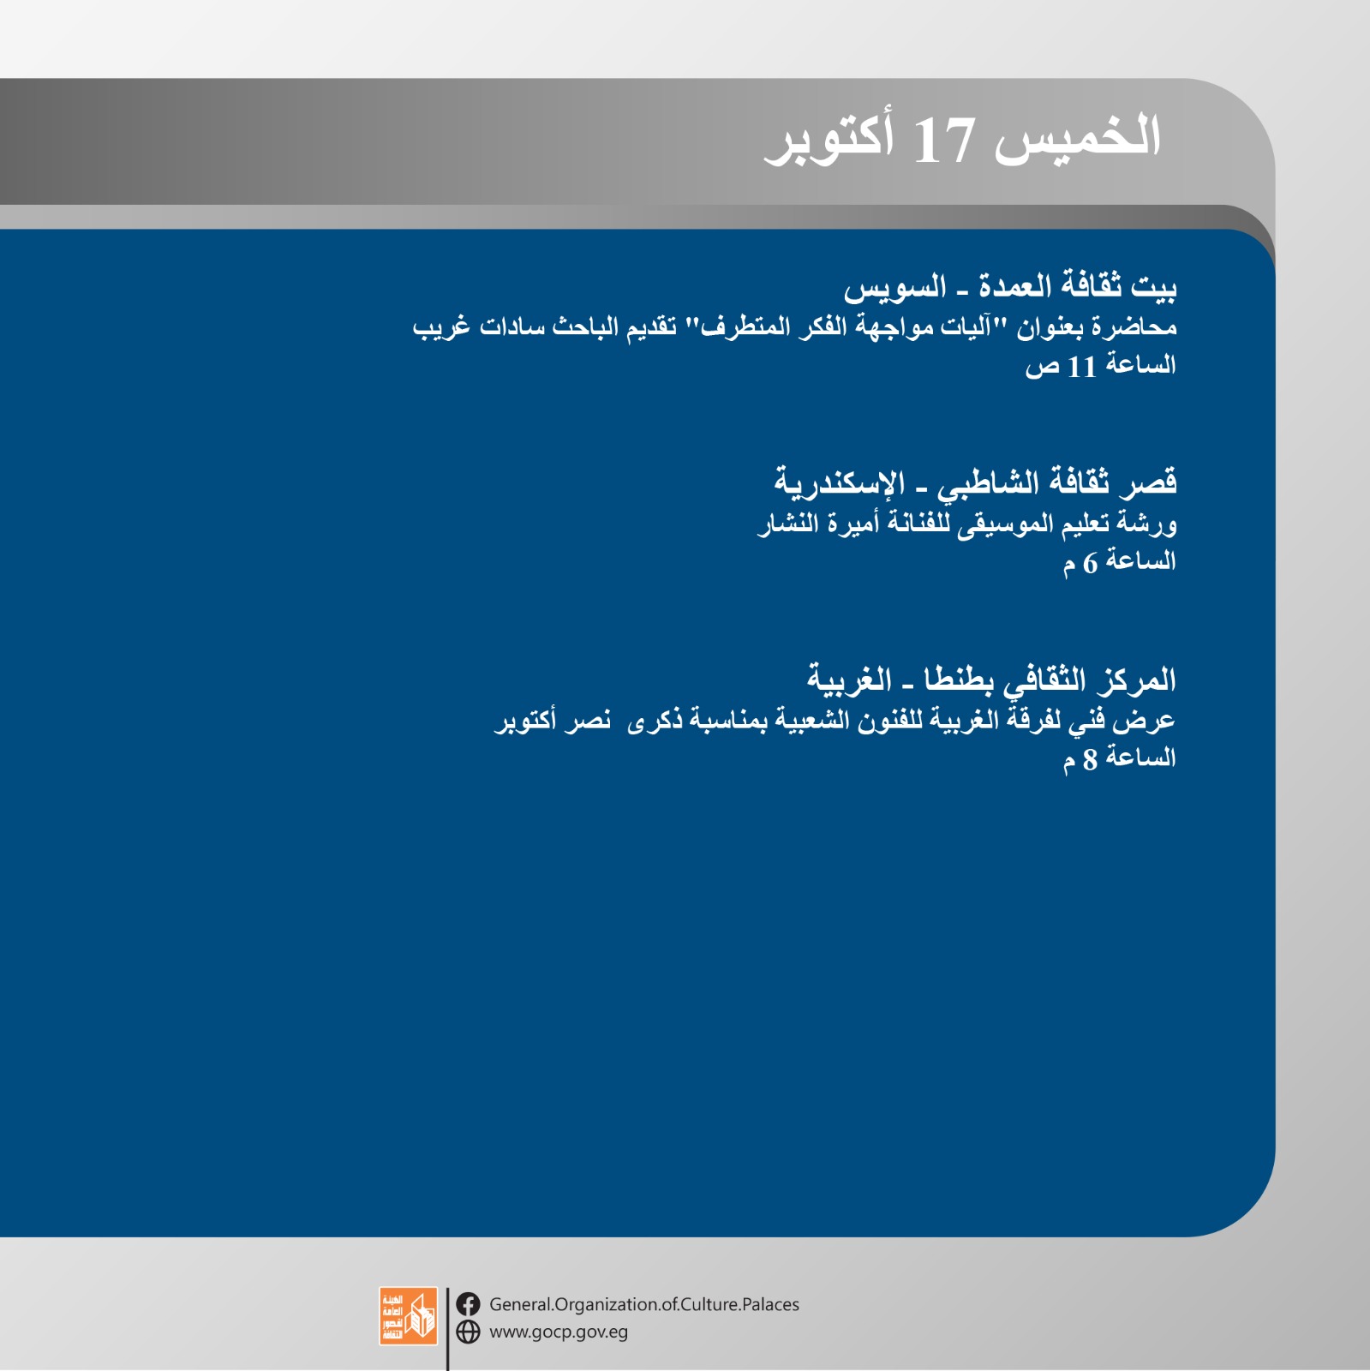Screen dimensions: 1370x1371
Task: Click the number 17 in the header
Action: [943, 141]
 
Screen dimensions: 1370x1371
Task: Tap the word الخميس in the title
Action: [1077, 138]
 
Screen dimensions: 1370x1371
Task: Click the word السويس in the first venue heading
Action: [895, 287]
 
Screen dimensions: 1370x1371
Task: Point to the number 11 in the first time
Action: [1082, 368]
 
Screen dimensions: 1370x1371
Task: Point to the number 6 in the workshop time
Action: [1090, 563]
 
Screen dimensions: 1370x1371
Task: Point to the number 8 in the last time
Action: [1090, 759]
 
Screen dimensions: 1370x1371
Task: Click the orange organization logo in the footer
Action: [408, 1316]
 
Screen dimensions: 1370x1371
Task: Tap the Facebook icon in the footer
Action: [468, 1304]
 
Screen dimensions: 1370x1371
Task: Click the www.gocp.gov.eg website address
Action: [559, 1332]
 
